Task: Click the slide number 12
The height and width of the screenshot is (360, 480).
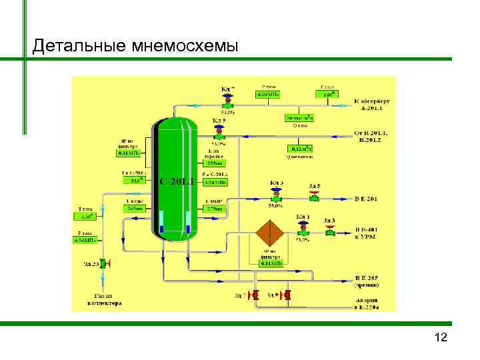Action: [x=441, y=338]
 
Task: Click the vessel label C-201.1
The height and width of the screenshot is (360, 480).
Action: [x=177, y=181]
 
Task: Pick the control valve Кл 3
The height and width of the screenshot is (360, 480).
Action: [x=276, y=195]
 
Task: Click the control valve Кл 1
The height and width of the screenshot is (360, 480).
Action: [x=303, y=229]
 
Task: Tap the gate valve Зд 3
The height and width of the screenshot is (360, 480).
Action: [x=329, y=231]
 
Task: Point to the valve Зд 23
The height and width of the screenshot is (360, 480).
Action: [x=103, y=263]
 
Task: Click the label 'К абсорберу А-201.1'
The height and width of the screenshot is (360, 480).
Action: [x=375, y=104]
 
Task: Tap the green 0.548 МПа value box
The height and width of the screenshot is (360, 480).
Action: [x=85, y=240]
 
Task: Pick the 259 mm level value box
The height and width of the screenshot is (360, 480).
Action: [x=215, y=163]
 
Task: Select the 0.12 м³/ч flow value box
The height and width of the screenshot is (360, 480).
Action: [x=299, y=148]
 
